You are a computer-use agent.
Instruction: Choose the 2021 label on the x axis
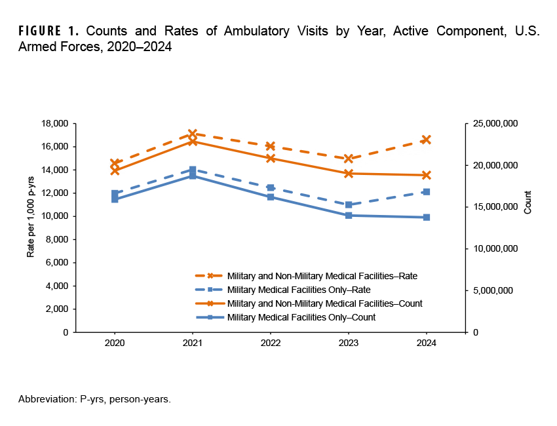point(192,343)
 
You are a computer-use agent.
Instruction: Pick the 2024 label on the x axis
point(427,343)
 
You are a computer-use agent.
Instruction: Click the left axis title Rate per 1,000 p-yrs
point(31,227)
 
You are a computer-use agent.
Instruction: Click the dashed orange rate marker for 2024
point(427,140)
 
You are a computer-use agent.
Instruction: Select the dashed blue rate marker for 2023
point(349,204)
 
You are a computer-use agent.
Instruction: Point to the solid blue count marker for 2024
point(427,217)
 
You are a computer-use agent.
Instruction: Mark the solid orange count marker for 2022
point(270,158)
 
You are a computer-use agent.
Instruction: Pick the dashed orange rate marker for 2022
point(270,146)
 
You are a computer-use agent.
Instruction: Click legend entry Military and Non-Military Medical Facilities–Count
point(324,303)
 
